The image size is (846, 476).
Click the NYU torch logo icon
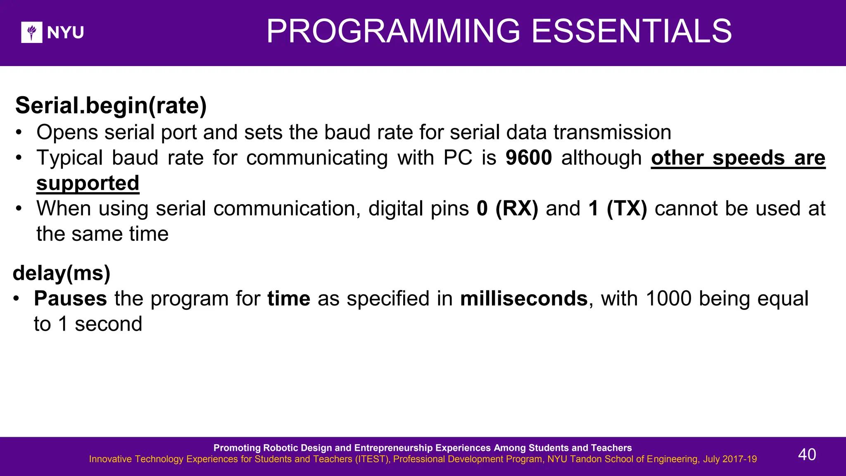(32, 32)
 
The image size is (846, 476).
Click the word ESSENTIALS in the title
(632, 31)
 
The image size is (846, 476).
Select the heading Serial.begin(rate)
(111, 105)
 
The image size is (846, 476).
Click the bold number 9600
(529, 158)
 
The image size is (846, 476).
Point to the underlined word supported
(88, 183)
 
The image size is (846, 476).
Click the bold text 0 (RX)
(507, 208)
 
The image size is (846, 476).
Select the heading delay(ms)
(62, 273)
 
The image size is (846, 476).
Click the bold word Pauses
(70, 298)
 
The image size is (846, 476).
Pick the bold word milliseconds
(524, 298)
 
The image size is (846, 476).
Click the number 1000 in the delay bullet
(668, 298)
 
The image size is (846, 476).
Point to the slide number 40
(807, 455)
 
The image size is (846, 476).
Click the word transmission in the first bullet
(612, 133)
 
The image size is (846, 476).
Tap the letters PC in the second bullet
(458, 158)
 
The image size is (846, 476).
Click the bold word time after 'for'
(289, 298)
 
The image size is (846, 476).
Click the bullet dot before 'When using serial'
(19, 208)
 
